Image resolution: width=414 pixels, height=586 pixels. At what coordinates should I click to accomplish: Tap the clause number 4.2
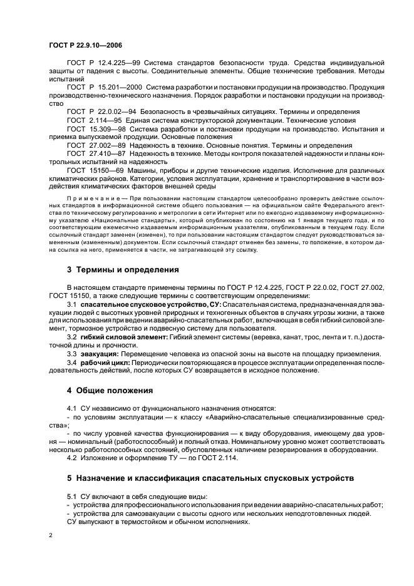coord(72,458)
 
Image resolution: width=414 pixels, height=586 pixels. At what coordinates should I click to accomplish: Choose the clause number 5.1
coord(72,496)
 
